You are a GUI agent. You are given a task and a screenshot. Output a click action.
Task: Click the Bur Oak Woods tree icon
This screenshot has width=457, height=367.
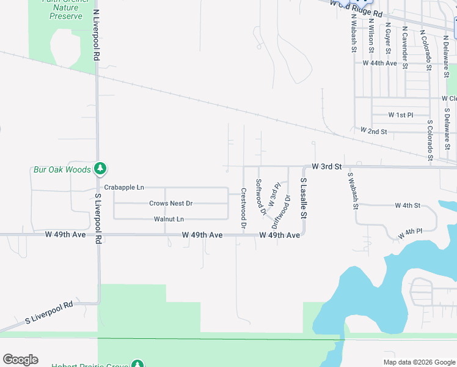click(x=101, y=168)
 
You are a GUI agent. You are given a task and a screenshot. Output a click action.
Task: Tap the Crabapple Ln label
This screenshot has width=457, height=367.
click(x=124, y=187)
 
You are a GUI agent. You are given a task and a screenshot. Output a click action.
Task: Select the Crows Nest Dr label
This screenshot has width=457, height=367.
click(x=170, y=203)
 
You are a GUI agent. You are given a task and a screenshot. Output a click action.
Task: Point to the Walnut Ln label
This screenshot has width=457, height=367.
click(x=169, y=219)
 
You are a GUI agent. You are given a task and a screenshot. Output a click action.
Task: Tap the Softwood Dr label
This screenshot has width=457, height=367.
click(x=261, y=197)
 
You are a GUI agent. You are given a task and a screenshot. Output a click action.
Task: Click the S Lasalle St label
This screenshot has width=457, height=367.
click(x=302, y=198)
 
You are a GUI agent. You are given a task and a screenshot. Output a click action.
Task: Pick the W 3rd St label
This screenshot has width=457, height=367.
click(x=326, y=166)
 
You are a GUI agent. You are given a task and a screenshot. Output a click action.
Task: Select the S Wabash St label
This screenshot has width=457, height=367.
click(x=352, y=190)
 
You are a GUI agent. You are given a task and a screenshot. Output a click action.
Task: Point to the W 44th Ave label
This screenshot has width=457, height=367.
click(x=379, y=63)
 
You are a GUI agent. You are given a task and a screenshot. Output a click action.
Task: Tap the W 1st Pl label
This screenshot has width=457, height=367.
click(x=401, y=115)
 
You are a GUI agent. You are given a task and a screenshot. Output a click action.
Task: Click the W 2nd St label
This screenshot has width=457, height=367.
click(x=374, y=132)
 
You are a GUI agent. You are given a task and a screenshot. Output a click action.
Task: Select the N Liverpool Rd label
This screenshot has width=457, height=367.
click(x=96, y=34)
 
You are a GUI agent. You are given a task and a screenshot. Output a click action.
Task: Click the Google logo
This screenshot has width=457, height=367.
click(x=20, y=359)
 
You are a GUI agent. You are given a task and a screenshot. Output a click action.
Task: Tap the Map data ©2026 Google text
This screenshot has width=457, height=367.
click(x=419, y=362)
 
